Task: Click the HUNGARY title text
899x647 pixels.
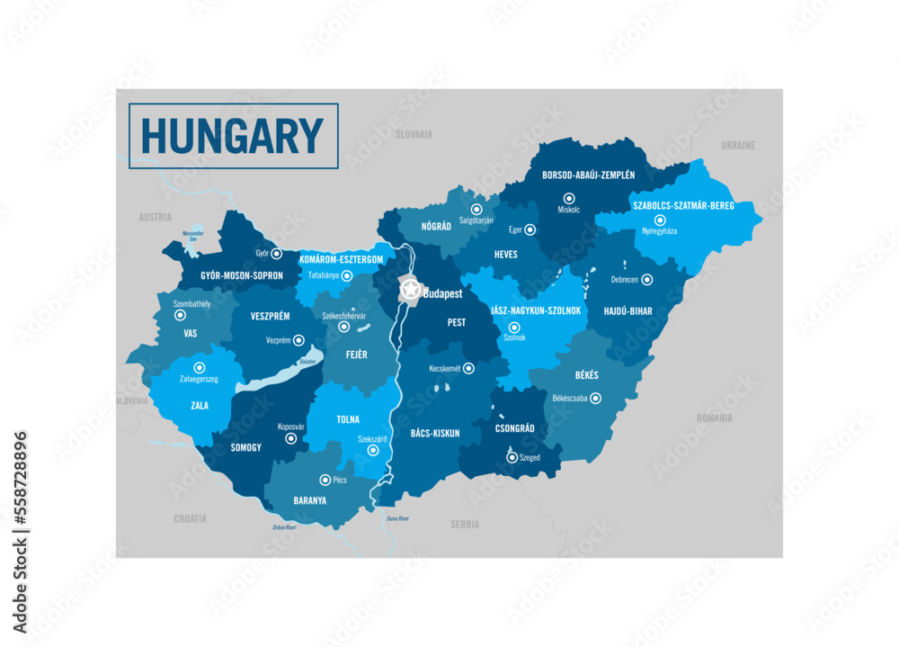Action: (233, 137)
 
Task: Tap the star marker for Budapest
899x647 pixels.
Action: (410, 290)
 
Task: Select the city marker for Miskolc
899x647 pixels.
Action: (568, 198)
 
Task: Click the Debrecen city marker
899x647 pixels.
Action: (647, 280)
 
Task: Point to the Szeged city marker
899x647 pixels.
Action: (512, 457)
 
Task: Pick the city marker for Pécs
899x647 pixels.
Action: (325, 481)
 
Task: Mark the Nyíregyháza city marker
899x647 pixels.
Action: (660, 220)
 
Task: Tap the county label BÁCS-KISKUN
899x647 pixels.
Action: (435, 433)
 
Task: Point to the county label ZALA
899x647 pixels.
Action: (200, 406)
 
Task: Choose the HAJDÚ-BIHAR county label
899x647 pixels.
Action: (628, 311)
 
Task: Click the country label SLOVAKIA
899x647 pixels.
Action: (414, 134)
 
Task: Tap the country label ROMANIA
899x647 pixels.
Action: (715, 418)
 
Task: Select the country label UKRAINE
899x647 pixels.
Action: (738, 145)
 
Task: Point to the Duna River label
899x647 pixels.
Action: (396, 519)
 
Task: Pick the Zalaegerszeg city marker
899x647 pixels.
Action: (200, 367)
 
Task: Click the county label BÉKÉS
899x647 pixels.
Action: (586, 375)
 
